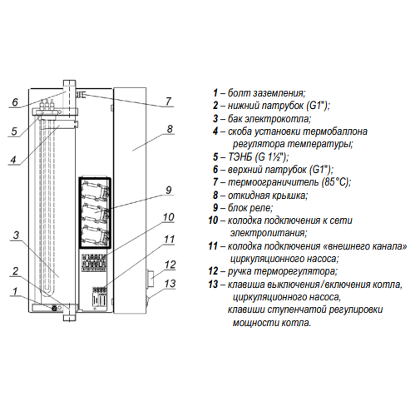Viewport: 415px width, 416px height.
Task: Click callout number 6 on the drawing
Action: tap(15, 102)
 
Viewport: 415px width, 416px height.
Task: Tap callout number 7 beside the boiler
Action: tap(168, 102)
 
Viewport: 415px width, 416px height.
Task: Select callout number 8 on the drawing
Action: tap(170, 129)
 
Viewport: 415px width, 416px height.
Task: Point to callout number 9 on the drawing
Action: tap(169, 190)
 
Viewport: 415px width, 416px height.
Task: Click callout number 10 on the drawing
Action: tap(169, 217)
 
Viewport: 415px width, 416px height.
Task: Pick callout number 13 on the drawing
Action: tap(170, 284)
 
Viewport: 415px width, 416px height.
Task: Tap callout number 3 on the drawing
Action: tap(16, 235)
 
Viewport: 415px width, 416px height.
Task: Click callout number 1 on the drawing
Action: tap(15, 291)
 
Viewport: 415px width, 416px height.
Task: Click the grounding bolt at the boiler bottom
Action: tap(54, 308)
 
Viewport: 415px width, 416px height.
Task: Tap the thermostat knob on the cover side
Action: tap(151, 279)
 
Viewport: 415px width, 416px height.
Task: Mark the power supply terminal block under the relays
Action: tap(94, 262)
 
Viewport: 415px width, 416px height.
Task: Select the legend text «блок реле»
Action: tap(250, 208)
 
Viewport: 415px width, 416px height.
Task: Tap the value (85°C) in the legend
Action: tap(335, 182)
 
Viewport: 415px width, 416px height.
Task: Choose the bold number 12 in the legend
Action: tap(213, 271)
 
